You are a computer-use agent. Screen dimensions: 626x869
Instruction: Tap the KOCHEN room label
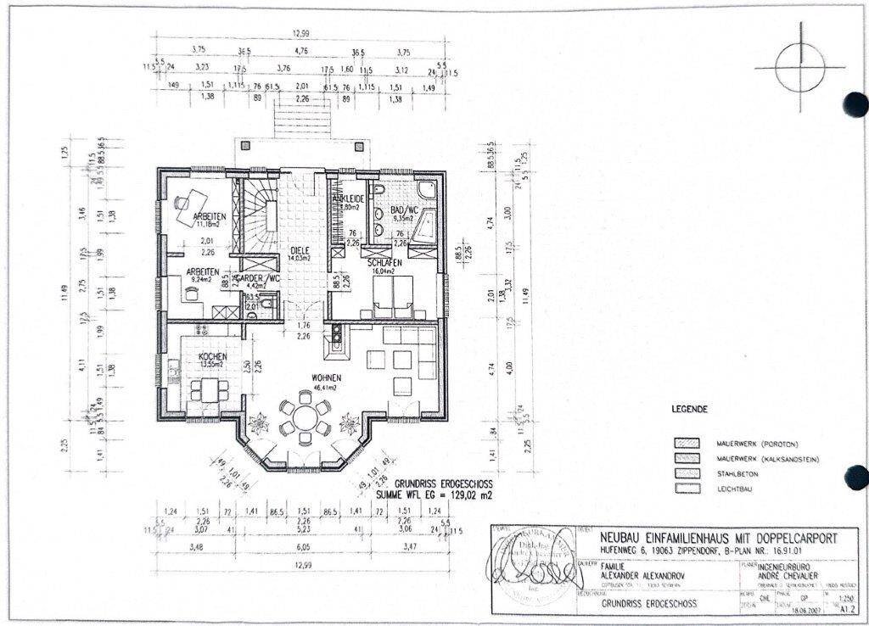pyautogui.click(x=212, y=357)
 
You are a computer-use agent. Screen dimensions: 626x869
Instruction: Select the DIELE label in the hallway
pyautogui.click(x=297, y=250)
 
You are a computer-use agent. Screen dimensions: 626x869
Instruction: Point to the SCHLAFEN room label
pyautogui.click(x=384, y=264)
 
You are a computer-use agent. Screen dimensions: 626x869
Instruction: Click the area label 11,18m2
pyautogui.click(x=208, y=225)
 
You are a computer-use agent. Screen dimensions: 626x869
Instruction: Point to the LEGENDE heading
pyautogui.click(x=689, y=409)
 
